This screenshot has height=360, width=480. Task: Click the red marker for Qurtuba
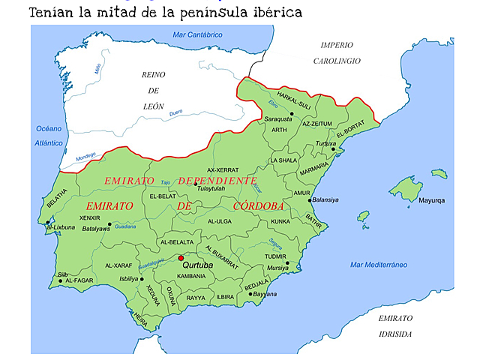tap(181, 259)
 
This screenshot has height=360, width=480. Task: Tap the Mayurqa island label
tap(432, 201)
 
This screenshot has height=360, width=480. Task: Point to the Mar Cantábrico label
tap(197, 34)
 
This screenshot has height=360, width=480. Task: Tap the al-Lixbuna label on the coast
tap(62, 226)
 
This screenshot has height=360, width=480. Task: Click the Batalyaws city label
tap(96, 228)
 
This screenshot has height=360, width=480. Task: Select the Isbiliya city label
tap(130, 278)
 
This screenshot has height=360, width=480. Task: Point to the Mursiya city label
tap(277, 267)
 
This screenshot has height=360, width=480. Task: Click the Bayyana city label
tap(264, 294)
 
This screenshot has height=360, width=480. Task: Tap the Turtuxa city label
tap(326, 142)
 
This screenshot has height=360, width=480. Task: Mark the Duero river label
tap(175, 112)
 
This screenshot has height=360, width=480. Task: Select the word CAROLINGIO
tap(337, 61)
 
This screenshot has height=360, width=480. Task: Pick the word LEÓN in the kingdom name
tap(154, 106)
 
